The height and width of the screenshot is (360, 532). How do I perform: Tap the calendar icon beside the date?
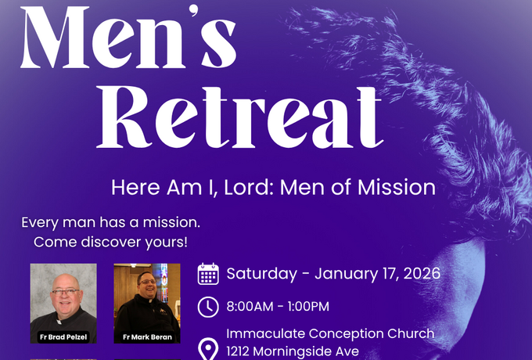[208, 274]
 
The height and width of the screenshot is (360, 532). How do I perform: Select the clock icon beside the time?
[208, 306]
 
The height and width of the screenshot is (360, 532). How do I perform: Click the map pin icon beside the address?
[209, 348]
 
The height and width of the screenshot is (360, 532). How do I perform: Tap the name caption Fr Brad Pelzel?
[63, 337]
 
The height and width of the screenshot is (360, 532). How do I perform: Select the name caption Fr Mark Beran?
[147, 337]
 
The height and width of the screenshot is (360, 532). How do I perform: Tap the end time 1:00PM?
[306, 306]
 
